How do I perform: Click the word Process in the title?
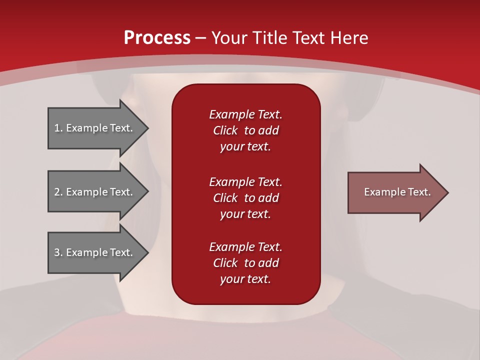[x=157, y=38]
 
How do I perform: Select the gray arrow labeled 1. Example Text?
[x=95, y=128]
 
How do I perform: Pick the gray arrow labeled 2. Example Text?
[x=95, y=192]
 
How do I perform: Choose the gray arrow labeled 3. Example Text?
[x=95, y=252]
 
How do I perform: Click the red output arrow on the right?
[x=395, y=192]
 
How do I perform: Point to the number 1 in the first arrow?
[x=57, y=128]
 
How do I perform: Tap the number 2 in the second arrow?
[x=57, y=192]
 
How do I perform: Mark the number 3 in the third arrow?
[x=57, y=252]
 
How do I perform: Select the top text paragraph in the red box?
[x=245, y=130]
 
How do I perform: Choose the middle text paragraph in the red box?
[x=245, y=198]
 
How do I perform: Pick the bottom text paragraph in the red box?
[x=245, y=263]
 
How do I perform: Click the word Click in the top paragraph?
[x=225, y=130]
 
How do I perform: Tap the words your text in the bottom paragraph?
[x=245, y=279]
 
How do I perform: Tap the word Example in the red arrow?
[x=382, y=192]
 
